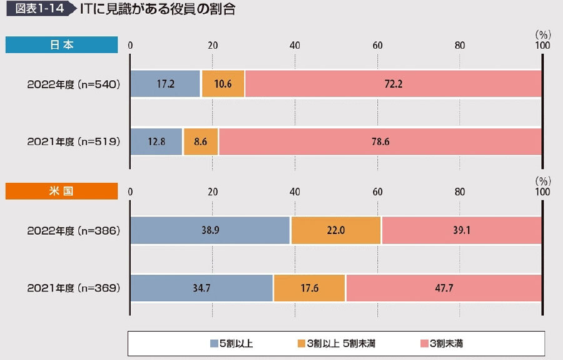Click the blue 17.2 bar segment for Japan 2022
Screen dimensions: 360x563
pyautogui.click(x=165, y=83)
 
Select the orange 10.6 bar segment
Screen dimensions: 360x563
pyautogui.click(x=222, y=83)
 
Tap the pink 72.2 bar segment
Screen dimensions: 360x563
pyautogui.click(x=393, y=83)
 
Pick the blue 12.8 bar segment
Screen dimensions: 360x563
pyautogui.click(x=156, y=141)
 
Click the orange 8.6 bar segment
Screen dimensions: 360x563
pyautogui.click(x=201, y=141)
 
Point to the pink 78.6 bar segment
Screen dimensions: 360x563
pyautogui.click(x=380, y=141)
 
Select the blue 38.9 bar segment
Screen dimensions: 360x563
pyautogui.click(x=210, y=230)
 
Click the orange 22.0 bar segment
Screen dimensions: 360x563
pyautogui.click(x=336, y=230)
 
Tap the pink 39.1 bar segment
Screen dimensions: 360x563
pyautogui.click(x=461, y=230)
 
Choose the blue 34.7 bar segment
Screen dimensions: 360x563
pyautogui.click(x=201, y=288)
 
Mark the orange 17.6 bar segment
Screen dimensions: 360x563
pyautogui.click(x=309, y=288)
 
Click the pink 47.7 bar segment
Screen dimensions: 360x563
pyautogui.click(x=444, y=288)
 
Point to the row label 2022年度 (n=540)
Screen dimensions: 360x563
pyautogui.click(x=73, y=83)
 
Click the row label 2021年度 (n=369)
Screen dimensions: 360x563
pyautogui.click(x=73, y=288)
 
